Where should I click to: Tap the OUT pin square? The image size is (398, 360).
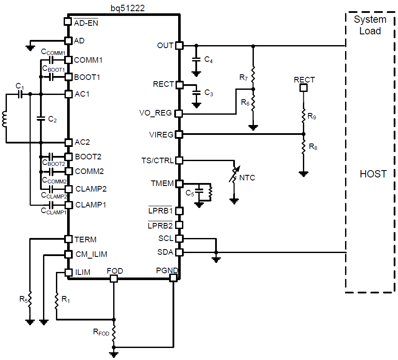179,45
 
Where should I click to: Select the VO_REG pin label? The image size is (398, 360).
155,113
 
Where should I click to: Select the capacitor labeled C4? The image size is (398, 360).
196,60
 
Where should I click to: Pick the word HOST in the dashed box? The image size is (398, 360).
373,174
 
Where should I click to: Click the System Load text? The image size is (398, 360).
370,25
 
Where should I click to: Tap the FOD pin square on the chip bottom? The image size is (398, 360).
114,278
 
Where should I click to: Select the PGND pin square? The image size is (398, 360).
173,278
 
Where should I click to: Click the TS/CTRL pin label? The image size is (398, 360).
157,160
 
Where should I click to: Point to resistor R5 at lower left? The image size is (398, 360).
30,300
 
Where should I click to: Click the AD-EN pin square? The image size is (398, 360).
68,21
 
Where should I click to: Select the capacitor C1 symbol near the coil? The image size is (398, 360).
20,94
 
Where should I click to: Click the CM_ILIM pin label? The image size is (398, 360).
91,254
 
